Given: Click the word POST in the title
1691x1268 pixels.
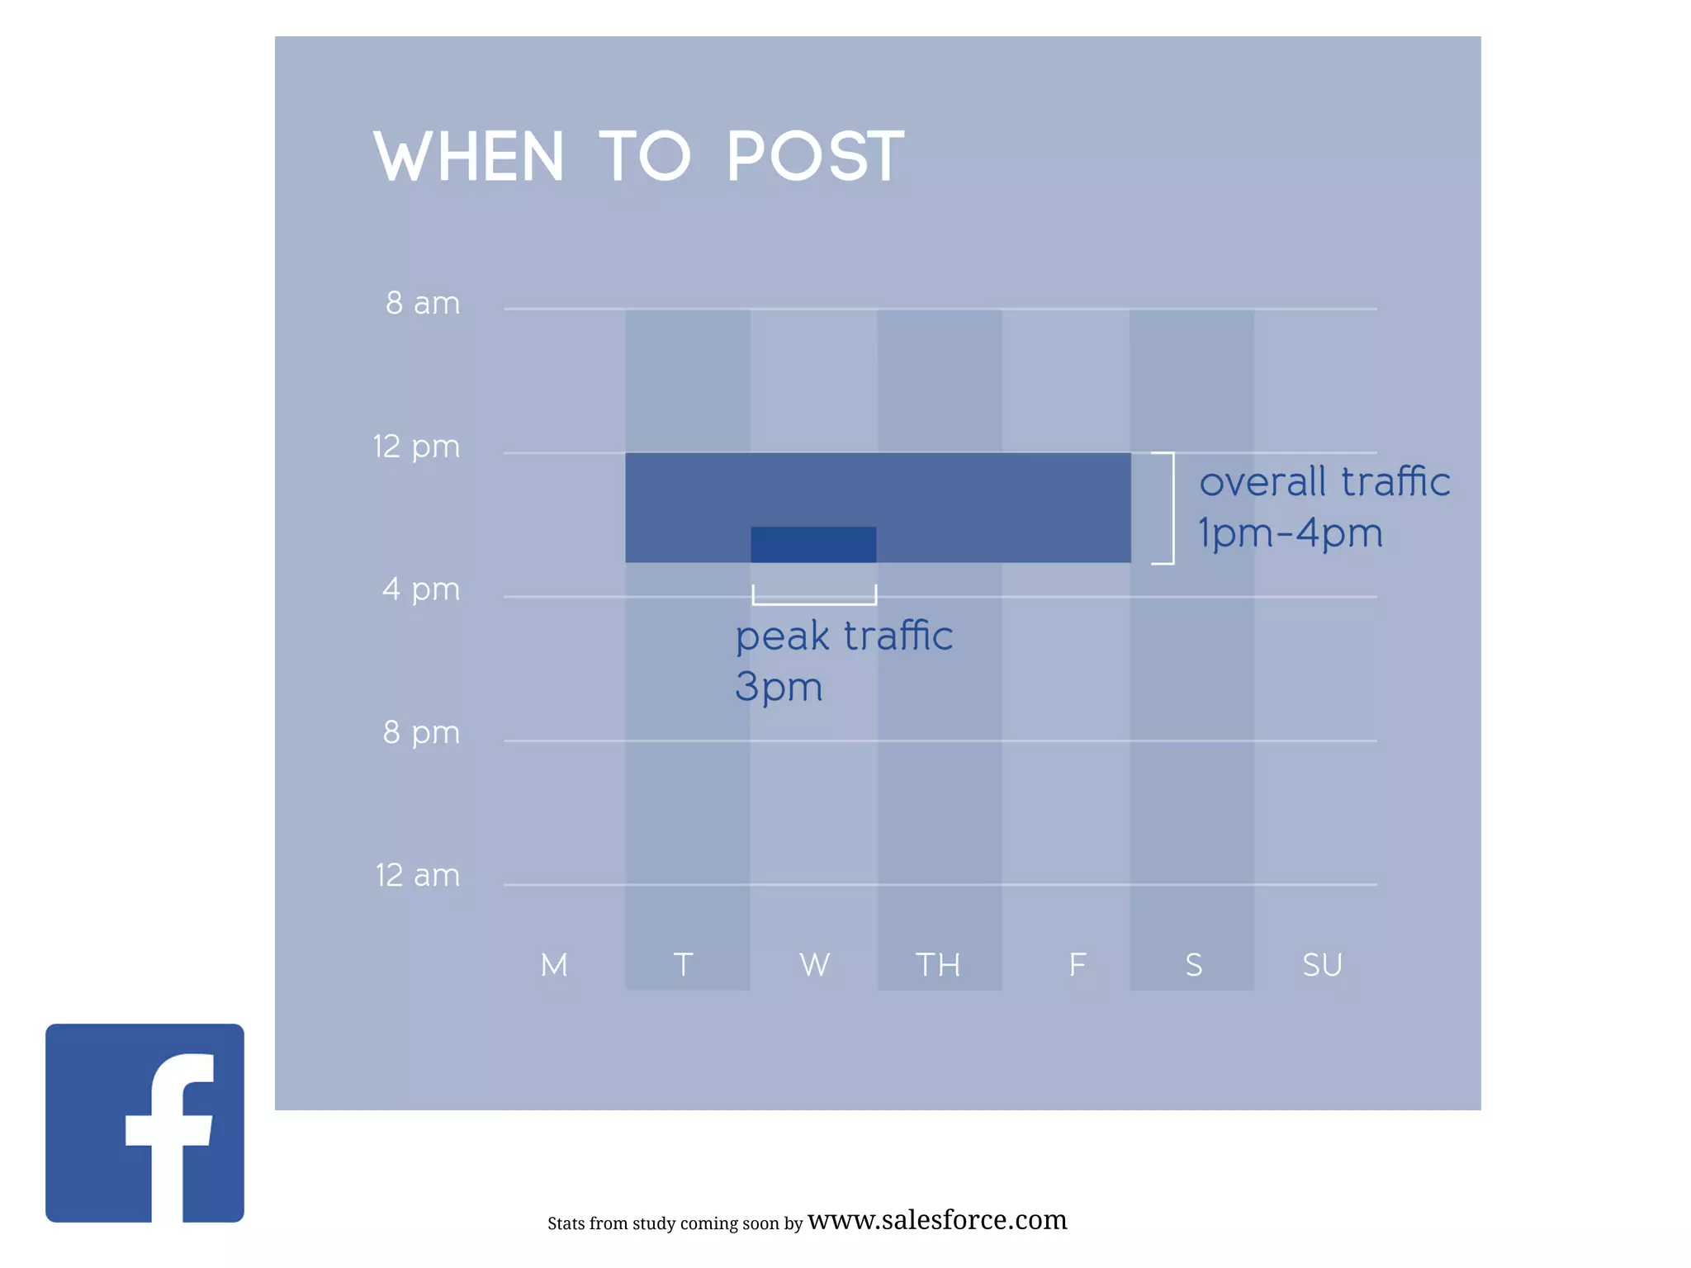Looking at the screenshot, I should [816, 156].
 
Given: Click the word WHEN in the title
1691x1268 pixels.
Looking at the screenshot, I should [468, 156].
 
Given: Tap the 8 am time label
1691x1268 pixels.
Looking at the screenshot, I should [422, 303].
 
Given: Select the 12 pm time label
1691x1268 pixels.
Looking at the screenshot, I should [416, 447].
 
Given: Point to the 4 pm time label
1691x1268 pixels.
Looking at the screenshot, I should [420, 589].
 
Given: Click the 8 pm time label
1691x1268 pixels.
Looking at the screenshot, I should [420, 732].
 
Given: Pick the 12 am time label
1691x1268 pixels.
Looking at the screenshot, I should [417, 875].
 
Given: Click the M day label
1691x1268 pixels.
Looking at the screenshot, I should [554, 964].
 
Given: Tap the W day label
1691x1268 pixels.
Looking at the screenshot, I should [814, 964].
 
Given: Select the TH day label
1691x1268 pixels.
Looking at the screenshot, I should [938, 964].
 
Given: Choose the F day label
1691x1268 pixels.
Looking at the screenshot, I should [1077, 964].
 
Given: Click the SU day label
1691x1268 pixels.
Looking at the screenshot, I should [1322, 964].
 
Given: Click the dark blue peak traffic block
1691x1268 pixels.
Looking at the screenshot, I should [813, 545].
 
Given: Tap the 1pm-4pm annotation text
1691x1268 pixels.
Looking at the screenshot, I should [1290, 533].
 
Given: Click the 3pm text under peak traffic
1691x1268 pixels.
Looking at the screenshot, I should [779, 687].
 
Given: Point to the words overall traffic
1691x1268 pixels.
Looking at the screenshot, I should [1324, 482].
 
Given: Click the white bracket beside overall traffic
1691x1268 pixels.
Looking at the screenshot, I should [1171, 508].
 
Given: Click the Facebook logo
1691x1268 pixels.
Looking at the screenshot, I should [144, 1123].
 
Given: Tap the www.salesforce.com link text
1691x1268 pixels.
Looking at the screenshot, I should [937, 1220].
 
